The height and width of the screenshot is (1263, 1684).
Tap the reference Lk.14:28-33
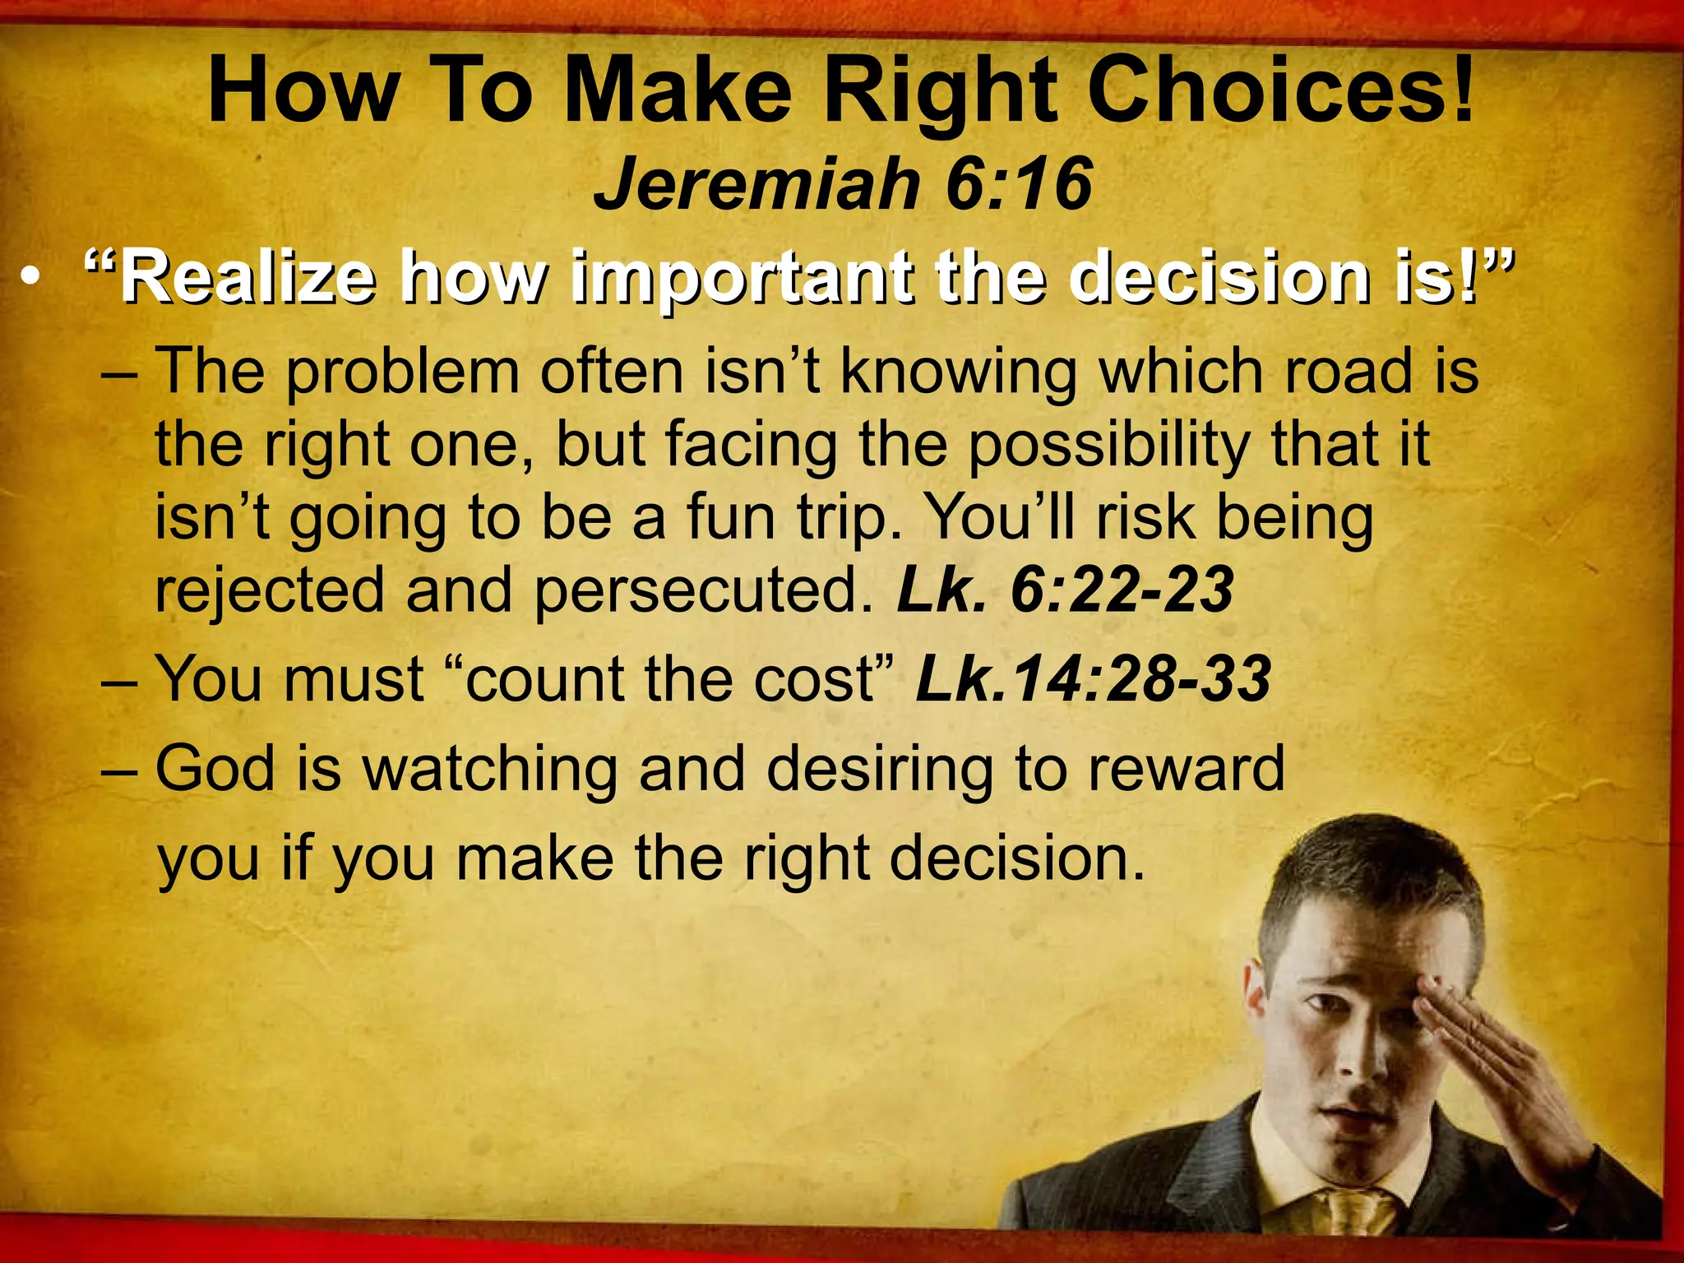coord(1094,679)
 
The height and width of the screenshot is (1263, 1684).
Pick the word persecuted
coord(704,590)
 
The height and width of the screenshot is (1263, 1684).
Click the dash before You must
coord(122,681)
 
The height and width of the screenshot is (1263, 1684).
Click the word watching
coord(490,768)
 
